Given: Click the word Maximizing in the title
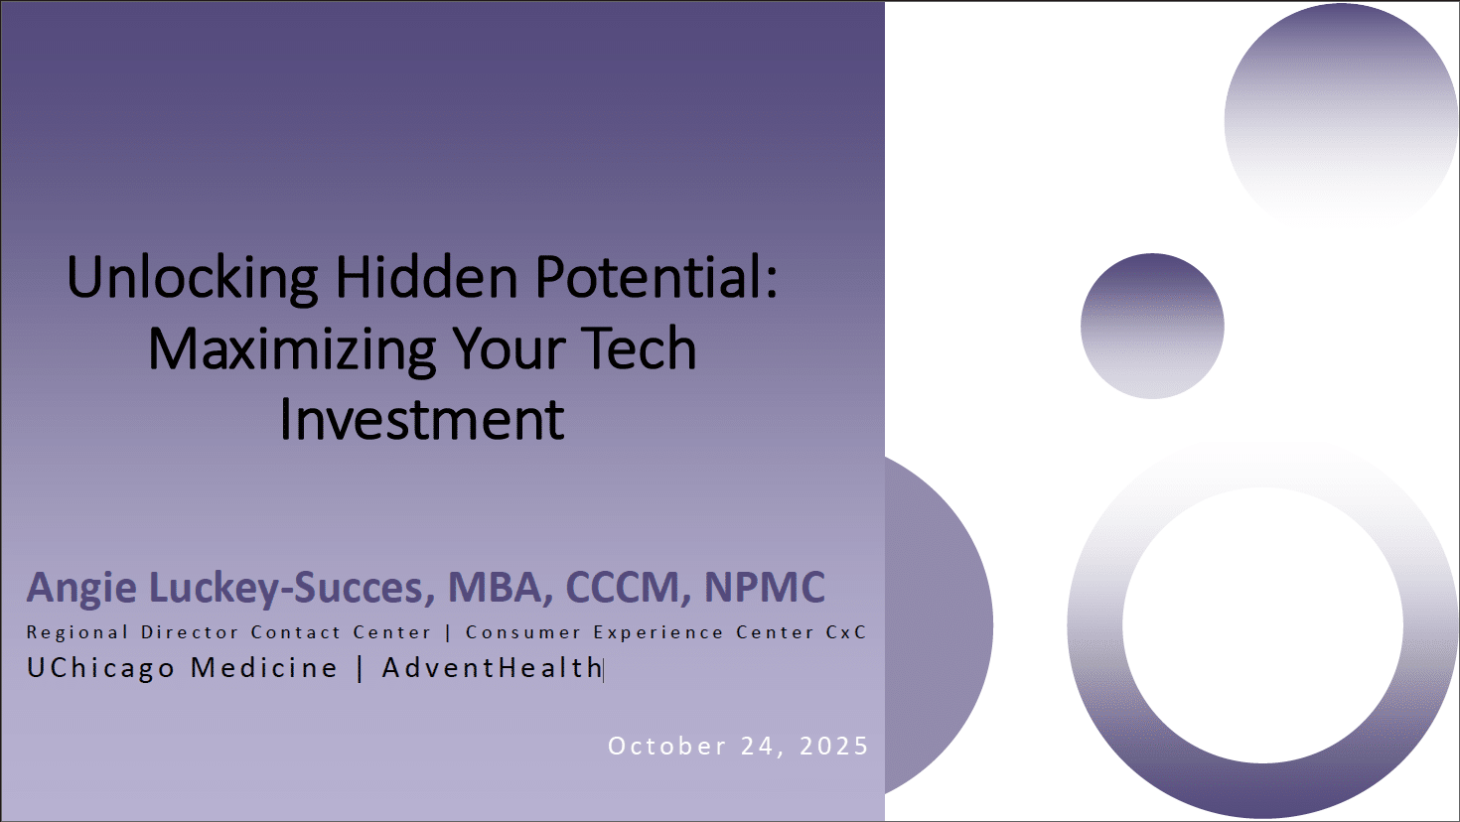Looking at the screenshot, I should point(292,348).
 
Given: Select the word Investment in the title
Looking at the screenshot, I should point(422,419).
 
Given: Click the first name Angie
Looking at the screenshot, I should point(81,588).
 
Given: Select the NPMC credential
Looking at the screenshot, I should point(765,587).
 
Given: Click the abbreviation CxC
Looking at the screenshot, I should point(846,632).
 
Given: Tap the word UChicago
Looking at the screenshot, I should point(100,668).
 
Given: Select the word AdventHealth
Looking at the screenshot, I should point(492,668).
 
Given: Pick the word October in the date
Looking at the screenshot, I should point(667,747).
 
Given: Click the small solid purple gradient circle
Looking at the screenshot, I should point(1152,326).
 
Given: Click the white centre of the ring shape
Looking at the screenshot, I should point(1263,625).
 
